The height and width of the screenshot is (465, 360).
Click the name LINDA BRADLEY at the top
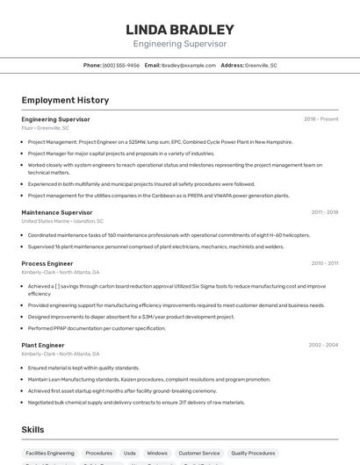[x=180, y=29]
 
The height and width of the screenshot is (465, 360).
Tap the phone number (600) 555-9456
[x=120, y=65]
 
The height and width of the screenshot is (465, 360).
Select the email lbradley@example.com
[x=189, y=65]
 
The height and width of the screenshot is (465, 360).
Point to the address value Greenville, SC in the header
[x=261, y=65]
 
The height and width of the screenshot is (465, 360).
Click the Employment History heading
[x=65, y=100]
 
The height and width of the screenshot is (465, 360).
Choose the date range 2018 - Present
[x=320, y=118]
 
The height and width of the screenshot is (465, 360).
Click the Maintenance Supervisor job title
[x=57, y=212]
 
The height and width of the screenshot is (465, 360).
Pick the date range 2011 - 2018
[x=324, y=212]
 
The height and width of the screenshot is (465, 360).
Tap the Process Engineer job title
[x=47, y=263]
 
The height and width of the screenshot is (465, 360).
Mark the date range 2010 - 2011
[x=324, y=263]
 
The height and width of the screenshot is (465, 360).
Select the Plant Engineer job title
[x=43, y=345]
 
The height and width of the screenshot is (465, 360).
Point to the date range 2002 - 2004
[x=323, y=345]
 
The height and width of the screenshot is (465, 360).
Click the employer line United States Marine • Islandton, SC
[x=62, y=221]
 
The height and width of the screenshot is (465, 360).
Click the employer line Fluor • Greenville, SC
[x=46, y=127]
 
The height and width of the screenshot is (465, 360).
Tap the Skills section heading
[x=33, y=430]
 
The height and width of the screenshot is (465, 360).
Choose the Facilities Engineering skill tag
[x=50, y=454]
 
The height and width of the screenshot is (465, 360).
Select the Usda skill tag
[x=130, y=454]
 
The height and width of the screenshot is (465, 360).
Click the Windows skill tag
[x=157, y=454]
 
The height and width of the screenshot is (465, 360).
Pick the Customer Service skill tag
[x=199, y=454]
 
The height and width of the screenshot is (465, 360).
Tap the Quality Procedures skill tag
[x=253, y=454]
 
